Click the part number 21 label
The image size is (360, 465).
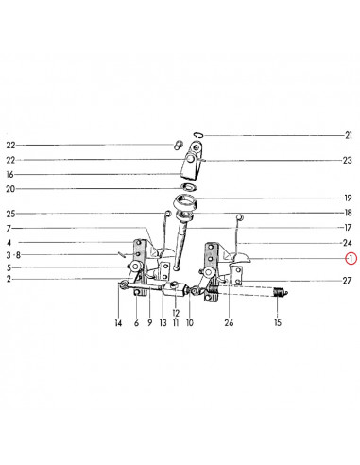click(x=348, y=136)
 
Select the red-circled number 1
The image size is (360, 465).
click(x=351, y=259)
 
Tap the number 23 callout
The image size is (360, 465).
click(x=347, y=161)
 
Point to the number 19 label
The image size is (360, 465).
click(x=348, y=198)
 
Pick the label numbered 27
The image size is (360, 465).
click(x=347, y=281)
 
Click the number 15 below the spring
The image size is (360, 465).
click(x=278, y=322)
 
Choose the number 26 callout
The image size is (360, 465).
click(x=229, y=322)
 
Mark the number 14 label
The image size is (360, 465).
click(x=118, y=323)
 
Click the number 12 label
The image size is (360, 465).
click(x=176, y=313)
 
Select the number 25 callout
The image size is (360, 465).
click(x=10, y=214)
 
